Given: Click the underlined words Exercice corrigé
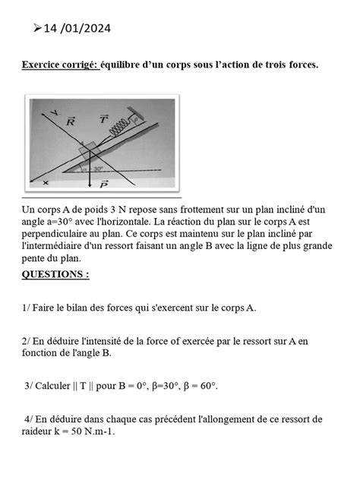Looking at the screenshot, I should pos(59,65).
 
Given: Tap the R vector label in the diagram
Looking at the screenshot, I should pos(71,120).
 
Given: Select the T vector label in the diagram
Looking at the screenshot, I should pos(103,119).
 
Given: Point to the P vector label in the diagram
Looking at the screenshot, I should pos(104,184).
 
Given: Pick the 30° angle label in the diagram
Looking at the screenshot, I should pos(98,169).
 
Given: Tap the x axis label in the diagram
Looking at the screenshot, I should pos(45,183).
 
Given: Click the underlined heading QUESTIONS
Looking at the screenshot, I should pos(55,275).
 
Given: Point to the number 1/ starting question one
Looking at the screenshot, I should pos(28,308).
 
